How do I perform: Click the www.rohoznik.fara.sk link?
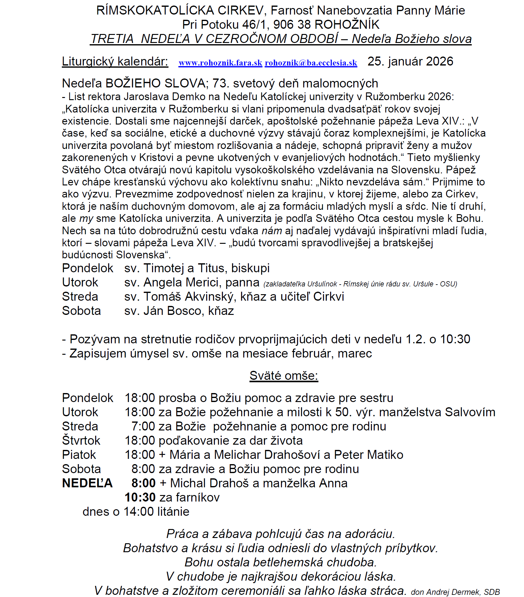pos(220,63)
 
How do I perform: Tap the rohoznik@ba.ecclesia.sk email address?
pos(311,63)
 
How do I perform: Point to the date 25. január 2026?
pos(410,61)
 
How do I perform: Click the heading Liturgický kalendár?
pos(115,61)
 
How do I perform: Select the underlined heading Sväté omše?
pos(284,376)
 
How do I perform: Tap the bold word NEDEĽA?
pos(87,483)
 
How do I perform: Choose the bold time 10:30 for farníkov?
pos(140,497)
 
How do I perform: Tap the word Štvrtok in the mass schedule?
pos(81,441)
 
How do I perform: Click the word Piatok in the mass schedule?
pos(79,455)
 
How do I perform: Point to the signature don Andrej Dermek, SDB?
pos(455,592)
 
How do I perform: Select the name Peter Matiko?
pos(369,455)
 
